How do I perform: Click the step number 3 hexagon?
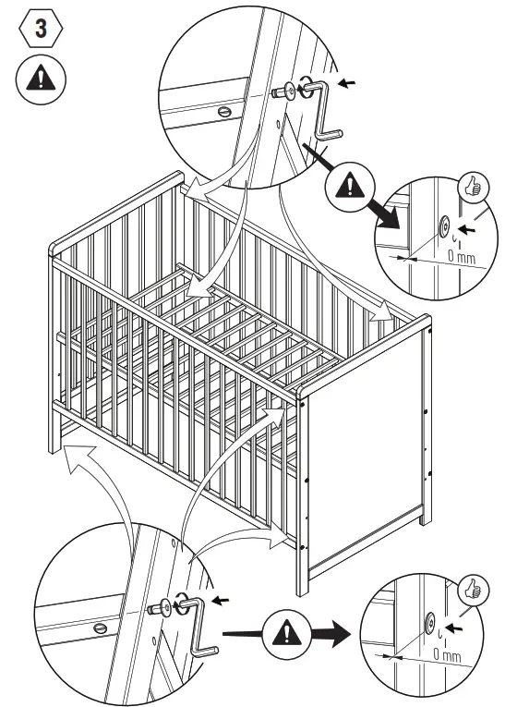click(x=40, y=28)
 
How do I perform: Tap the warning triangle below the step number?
click(x=40, y=79)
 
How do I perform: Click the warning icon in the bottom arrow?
click(x=285, y=635)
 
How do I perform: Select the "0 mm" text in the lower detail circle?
click(x=450, y=654)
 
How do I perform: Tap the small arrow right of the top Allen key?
click(x=347, y=84)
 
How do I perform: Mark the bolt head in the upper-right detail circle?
click(x=444, y=225)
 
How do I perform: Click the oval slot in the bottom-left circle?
click(x=100, y=626)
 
